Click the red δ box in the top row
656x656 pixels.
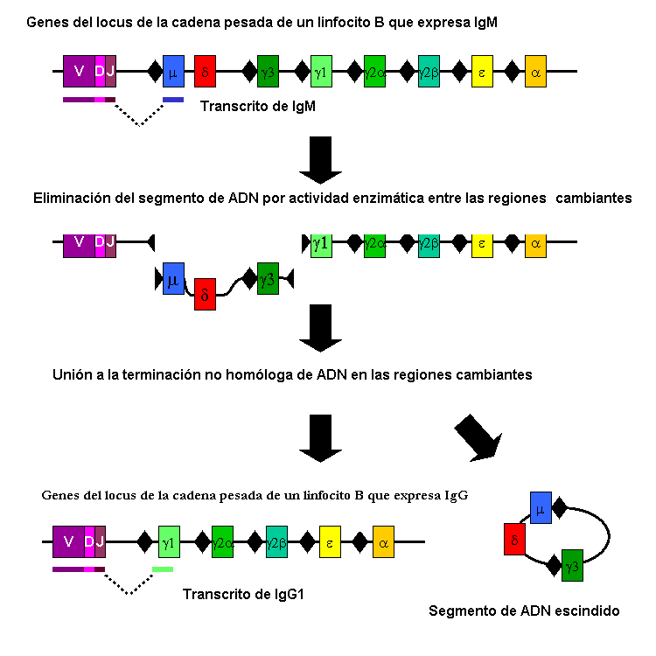coord(205,71)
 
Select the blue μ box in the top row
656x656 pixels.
coord(173,71)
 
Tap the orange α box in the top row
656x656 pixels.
coord(535,71)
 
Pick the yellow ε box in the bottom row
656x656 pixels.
coord(330,542)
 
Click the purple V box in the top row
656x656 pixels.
coord(79,71)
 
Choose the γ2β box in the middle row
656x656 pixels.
coord(429,242)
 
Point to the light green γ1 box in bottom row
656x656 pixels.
coord(169,542)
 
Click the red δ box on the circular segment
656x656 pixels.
coord(514,539)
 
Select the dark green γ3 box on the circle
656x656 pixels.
coord(572,566)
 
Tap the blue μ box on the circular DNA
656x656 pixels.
coord(541,507)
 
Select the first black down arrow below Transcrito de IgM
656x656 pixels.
coord(320,159)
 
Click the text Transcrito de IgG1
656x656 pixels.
coord(236,595)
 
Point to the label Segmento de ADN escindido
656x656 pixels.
coord(524,611)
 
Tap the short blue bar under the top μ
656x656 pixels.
coord(173,100)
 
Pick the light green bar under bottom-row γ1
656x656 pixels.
coord(163,569)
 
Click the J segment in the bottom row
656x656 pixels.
coord(100,542)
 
